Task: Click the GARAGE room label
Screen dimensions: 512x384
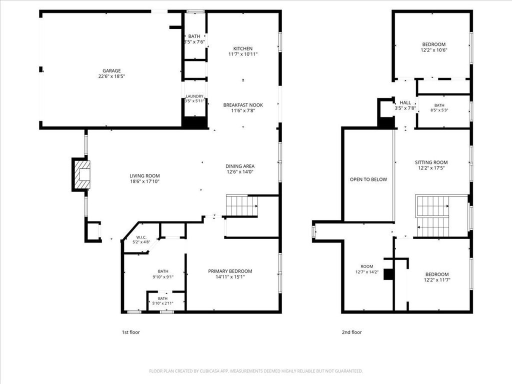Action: point(111,70)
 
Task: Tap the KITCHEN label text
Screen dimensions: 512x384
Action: point(243,48)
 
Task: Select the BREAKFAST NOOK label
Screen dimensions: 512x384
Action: point(243,105)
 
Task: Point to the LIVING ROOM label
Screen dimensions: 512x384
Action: point(144,175)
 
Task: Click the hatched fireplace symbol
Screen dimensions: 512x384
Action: point(81,174)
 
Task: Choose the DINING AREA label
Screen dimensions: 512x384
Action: point(240,166)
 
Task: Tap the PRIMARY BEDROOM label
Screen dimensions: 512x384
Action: point(230,271)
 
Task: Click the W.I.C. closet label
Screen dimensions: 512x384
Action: point(141,237)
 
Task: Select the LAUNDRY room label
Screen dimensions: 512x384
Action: point(194,96)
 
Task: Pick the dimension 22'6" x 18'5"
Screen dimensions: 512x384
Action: point(111,76)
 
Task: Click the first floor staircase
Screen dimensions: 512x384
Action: point(242,205)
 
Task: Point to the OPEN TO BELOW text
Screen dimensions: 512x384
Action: point(368,179)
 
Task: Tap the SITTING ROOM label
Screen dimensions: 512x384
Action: point(431,162)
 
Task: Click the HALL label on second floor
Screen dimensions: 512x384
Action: point(405,102)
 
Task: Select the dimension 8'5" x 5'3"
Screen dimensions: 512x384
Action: point(439,110)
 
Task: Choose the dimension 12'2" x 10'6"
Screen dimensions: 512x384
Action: point(434,50)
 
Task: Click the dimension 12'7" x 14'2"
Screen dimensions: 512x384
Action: point(367,271)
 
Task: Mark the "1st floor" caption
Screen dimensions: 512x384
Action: point(130,332)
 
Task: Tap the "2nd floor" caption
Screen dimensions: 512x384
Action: point(351,332)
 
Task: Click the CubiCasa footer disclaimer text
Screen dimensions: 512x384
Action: point(256,371)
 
